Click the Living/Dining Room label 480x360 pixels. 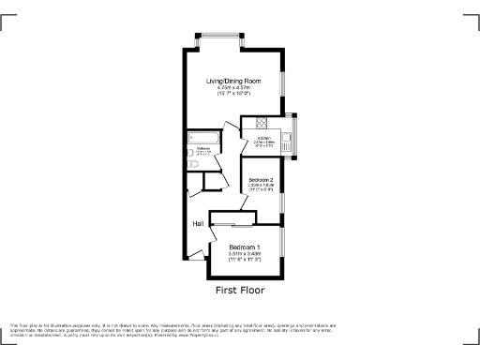233,82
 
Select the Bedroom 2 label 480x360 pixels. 260,180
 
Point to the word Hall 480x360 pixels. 199,224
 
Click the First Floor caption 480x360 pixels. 240,291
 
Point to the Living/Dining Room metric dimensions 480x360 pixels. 233,88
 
